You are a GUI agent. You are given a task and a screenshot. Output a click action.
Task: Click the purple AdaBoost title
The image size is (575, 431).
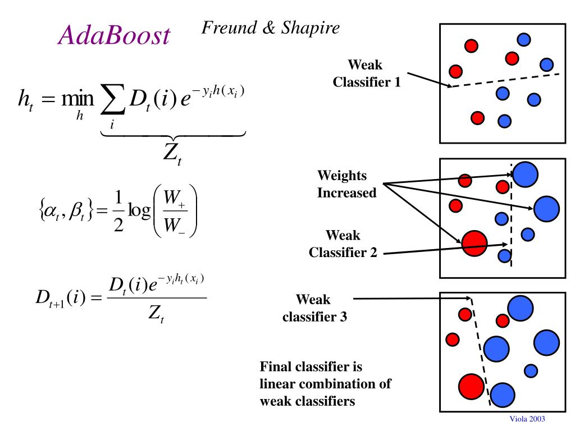click(x=114, y=36)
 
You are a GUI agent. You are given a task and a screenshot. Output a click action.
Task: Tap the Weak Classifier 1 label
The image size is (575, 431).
click(x=364, y=74)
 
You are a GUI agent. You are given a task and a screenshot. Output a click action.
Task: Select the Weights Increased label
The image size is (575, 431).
click(x=346, y=184)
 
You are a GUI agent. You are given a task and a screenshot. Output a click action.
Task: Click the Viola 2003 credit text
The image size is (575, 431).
click(x=527, y=419)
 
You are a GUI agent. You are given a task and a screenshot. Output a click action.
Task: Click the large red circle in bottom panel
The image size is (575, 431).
click(x=472, y=386)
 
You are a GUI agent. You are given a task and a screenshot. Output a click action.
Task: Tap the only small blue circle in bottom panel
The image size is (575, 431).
click(x=530, y=370)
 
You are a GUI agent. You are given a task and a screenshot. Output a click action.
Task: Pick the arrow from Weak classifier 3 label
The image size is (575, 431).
click(x=410, y=299)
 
